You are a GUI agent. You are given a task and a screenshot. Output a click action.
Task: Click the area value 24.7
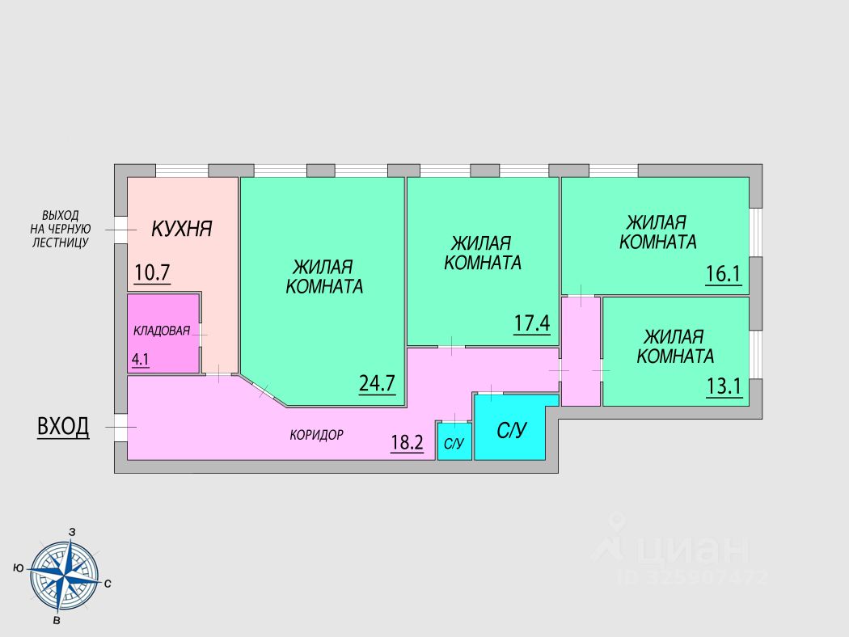[x=377, y=382]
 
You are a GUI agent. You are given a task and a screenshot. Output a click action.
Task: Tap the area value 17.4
[x=532, y=323]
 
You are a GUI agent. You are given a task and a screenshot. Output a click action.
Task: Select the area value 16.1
[x=723, y=274]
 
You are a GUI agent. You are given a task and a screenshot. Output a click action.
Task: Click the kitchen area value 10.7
[x=152, y=272]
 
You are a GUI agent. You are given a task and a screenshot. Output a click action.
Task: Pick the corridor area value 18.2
[x=408, y=442]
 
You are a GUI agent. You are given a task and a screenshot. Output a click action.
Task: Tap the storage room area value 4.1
[x=141, y=360]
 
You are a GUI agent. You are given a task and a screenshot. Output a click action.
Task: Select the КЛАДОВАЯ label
[x=162, y=330]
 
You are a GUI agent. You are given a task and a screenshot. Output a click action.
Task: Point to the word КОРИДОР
[x=317, y=435]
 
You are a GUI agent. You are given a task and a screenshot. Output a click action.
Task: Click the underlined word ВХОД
[x=63, y=427]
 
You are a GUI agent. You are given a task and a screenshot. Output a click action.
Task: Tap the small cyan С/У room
[x=454, y=443]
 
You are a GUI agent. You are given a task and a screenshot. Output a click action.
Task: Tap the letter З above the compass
[x=73, y=532]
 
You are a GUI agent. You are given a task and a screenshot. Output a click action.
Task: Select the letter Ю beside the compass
[x=18, y=568]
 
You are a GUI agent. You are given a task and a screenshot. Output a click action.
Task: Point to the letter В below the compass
[x=56, y=621]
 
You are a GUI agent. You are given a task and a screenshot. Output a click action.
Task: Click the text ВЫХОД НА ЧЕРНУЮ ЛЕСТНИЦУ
[x=61, y=229]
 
